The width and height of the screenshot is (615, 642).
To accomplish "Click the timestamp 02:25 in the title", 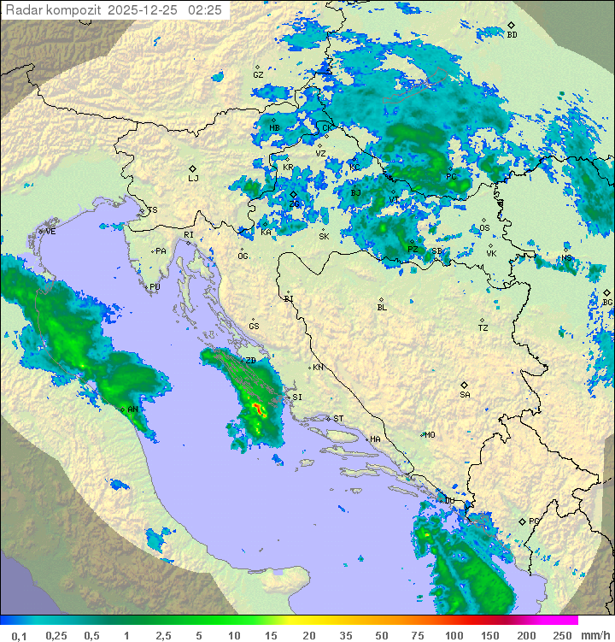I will point(205,10).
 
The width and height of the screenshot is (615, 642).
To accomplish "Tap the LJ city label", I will point(193,179).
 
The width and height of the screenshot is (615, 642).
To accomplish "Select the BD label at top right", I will point(512,35).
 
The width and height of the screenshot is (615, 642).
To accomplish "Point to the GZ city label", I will point(258,75).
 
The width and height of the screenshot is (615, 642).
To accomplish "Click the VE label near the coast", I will point(50,232).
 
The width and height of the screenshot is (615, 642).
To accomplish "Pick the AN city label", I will point(132,409).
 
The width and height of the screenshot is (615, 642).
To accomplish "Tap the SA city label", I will point(465,395).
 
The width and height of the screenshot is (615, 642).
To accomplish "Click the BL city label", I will point(382,308).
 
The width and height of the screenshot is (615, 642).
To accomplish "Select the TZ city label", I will point(483,328).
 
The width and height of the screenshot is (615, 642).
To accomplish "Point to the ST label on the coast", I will point(338,419).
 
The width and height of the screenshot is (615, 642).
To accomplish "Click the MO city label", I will point(430,434).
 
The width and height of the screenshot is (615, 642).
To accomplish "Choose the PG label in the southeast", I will point(534,521).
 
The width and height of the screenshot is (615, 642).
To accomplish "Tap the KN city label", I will point(318,368).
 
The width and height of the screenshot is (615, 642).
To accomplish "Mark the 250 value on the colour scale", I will point(561,635).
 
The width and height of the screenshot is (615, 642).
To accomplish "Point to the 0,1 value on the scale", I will point(19,635).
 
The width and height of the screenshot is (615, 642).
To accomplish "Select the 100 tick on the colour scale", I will point(453,635).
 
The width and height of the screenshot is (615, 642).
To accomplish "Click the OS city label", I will point(484,228).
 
